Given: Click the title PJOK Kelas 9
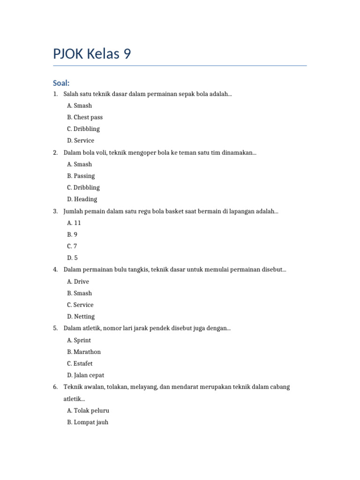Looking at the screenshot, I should (92, 54).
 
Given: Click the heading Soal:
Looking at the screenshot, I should (61, 83).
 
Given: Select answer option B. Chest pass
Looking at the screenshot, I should (85, 117).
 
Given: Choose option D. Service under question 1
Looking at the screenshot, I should (81, 141).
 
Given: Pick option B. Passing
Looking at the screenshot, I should (81, 176).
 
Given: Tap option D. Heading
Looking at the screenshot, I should (82, 199).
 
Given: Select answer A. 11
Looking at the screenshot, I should (74, 223).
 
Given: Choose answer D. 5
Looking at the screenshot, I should (72, 258).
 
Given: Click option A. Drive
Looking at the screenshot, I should (78, 282).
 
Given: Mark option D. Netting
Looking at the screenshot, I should (81, 317).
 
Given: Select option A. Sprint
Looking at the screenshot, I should (79, 340).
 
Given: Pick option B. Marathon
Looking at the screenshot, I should (84, 352).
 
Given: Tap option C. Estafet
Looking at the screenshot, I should (80, 364).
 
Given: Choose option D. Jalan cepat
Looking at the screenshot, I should (86, 375).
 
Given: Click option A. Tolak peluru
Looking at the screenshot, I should (88, 411).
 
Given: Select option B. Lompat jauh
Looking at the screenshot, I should (88, 422).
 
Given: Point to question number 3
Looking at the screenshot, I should (55, 211).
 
